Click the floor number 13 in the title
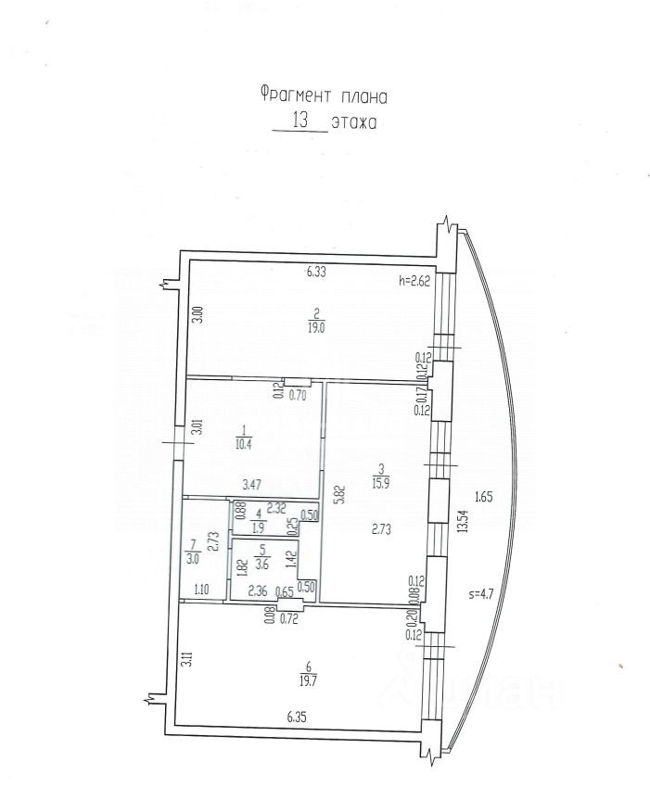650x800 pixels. click(x=300, y=120)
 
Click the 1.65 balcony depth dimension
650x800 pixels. click(x=482, y=498)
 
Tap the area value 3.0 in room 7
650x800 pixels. click(x=194, y=557)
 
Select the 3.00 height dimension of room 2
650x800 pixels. click(x=197, y=315)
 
